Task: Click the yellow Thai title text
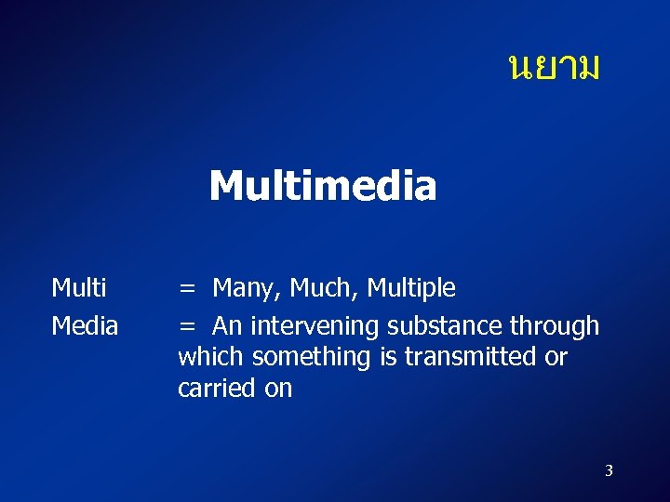555,67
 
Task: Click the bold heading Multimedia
322,186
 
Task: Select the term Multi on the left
79,288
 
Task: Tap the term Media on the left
85,326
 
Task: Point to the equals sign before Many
188,289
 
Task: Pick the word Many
247,289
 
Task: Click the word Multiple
411,289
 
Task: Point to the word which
211,357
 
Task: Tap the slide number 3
609,471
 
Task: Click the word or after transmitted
556,358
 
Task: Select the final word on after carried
278,389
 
